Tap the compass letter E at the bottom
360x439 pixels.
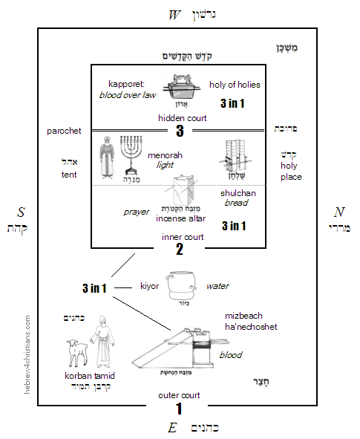coord(172,427)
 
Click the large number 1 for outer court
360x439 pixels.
coord(178,408)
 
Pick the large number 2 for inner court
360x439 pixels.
coord(179,250)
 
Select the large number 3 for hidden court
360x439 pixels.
coord(179,131)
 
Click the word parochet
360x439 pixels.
coord(63,131)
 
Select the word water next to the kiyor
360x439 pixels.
coord(217,285)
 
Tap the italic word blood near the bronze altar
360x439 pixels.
coord(230,355)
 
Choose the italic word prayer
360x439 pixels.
coord(136,212)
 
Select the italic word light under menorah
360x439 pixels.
coord(165,165)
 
